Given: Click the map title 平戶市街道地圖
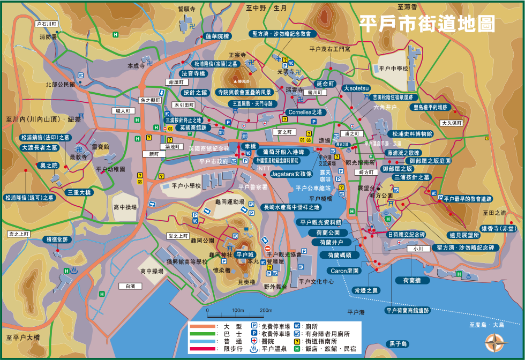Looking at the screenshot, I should pos(427,24).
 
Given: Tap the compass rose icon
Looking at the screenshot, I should pos(496,342).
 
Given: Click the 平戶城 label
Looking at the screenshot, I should pos(245,254).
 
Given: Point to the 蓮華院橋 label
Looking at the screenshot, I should pos(217,36).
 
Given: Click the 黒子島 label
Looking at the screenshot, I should pos(399,344).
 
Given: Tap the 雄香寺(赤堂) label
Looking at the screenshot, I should pos(499,228).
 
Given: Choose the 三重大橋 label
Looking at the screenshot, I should pos(80,192).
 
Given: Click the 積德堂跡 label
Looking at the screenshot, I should pos(57,239).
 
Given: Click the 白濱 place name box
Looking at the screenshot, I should pos(130,286).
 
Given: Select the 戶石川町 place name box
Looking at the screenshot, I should pos(46,24).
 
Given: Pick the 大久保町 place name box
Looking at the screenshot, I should pos(451,123).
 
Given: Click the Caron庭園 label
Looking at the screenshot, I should pos(344,271).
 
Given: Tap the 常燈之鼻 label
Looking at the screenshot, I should pos(366,290).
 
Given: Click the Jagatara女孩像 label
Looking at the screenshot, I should pos(291,174).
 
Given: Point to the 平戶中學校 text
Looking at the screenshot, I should pos(394,69).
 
